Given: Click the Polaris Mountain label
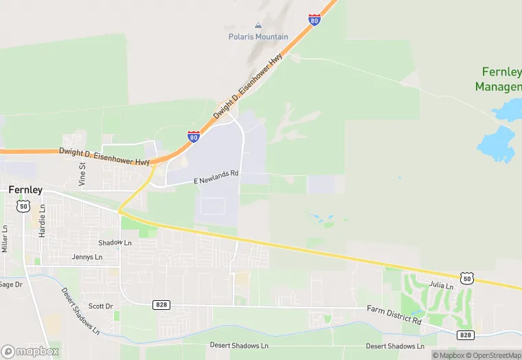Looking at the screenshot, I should coord(258,36).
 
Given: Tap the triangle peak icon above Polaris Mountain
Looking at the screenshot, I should coord(258,25).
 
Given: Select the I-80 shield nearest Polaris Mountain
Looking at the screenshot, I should coord(315,19).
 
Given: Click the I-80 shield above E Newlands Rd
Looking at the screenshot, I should coord(194,137).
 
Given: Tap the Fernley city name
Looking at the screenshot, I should coord(25,190).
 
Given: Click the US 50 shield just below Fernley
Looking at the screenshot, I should coord(24,205).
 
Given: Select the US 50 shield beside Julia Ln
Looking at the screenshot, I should coord(467,278).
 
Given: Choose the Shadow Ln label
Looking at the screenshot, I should coord(115,243).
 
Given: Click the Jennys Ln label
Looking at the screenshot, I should coord(87,257).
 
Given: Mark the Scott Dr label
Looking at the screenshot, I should coord(100,306).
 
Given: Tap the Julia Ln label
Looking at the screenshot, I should coord(441,285).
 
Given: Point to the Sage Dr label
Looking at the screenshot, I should coord(11,284).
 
